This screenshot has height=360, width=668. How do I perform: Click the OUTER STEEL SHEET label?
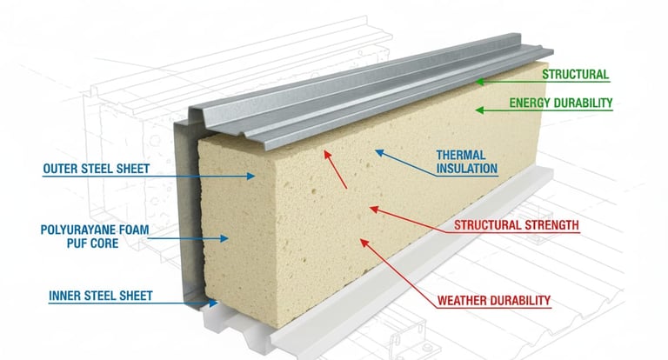96,170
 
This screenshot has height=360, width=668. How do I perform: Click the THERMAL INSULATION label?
466,162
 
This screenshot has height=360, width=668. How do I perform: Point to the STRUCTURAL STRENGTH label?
517,226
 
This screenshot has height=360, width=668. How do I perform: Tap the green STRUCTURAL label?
575,75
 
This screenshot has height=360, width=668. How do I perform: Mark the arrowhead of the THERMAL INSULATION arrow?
377,152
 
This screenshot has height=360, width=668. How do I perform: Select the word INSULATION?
466,169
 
